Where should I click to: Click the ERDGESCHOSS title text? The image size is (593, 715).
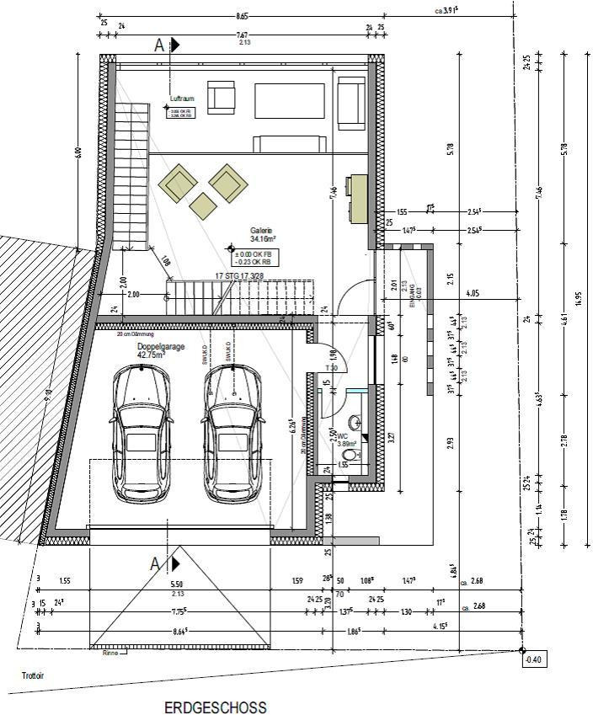[216, 707]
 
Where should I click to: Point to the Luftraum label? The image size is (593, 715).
[182, 99]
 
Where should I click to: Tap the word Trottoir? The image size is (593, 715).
[35, 675]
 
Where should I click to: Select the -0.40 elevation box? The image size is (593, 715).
[533, 660]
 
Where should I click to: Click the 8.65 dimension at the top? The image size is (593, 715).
[243, 15]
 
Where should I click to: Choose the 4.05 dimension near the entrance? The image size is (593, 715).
[472, 294]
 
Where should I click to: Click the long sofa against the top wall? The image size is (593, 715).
[291, 100]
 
